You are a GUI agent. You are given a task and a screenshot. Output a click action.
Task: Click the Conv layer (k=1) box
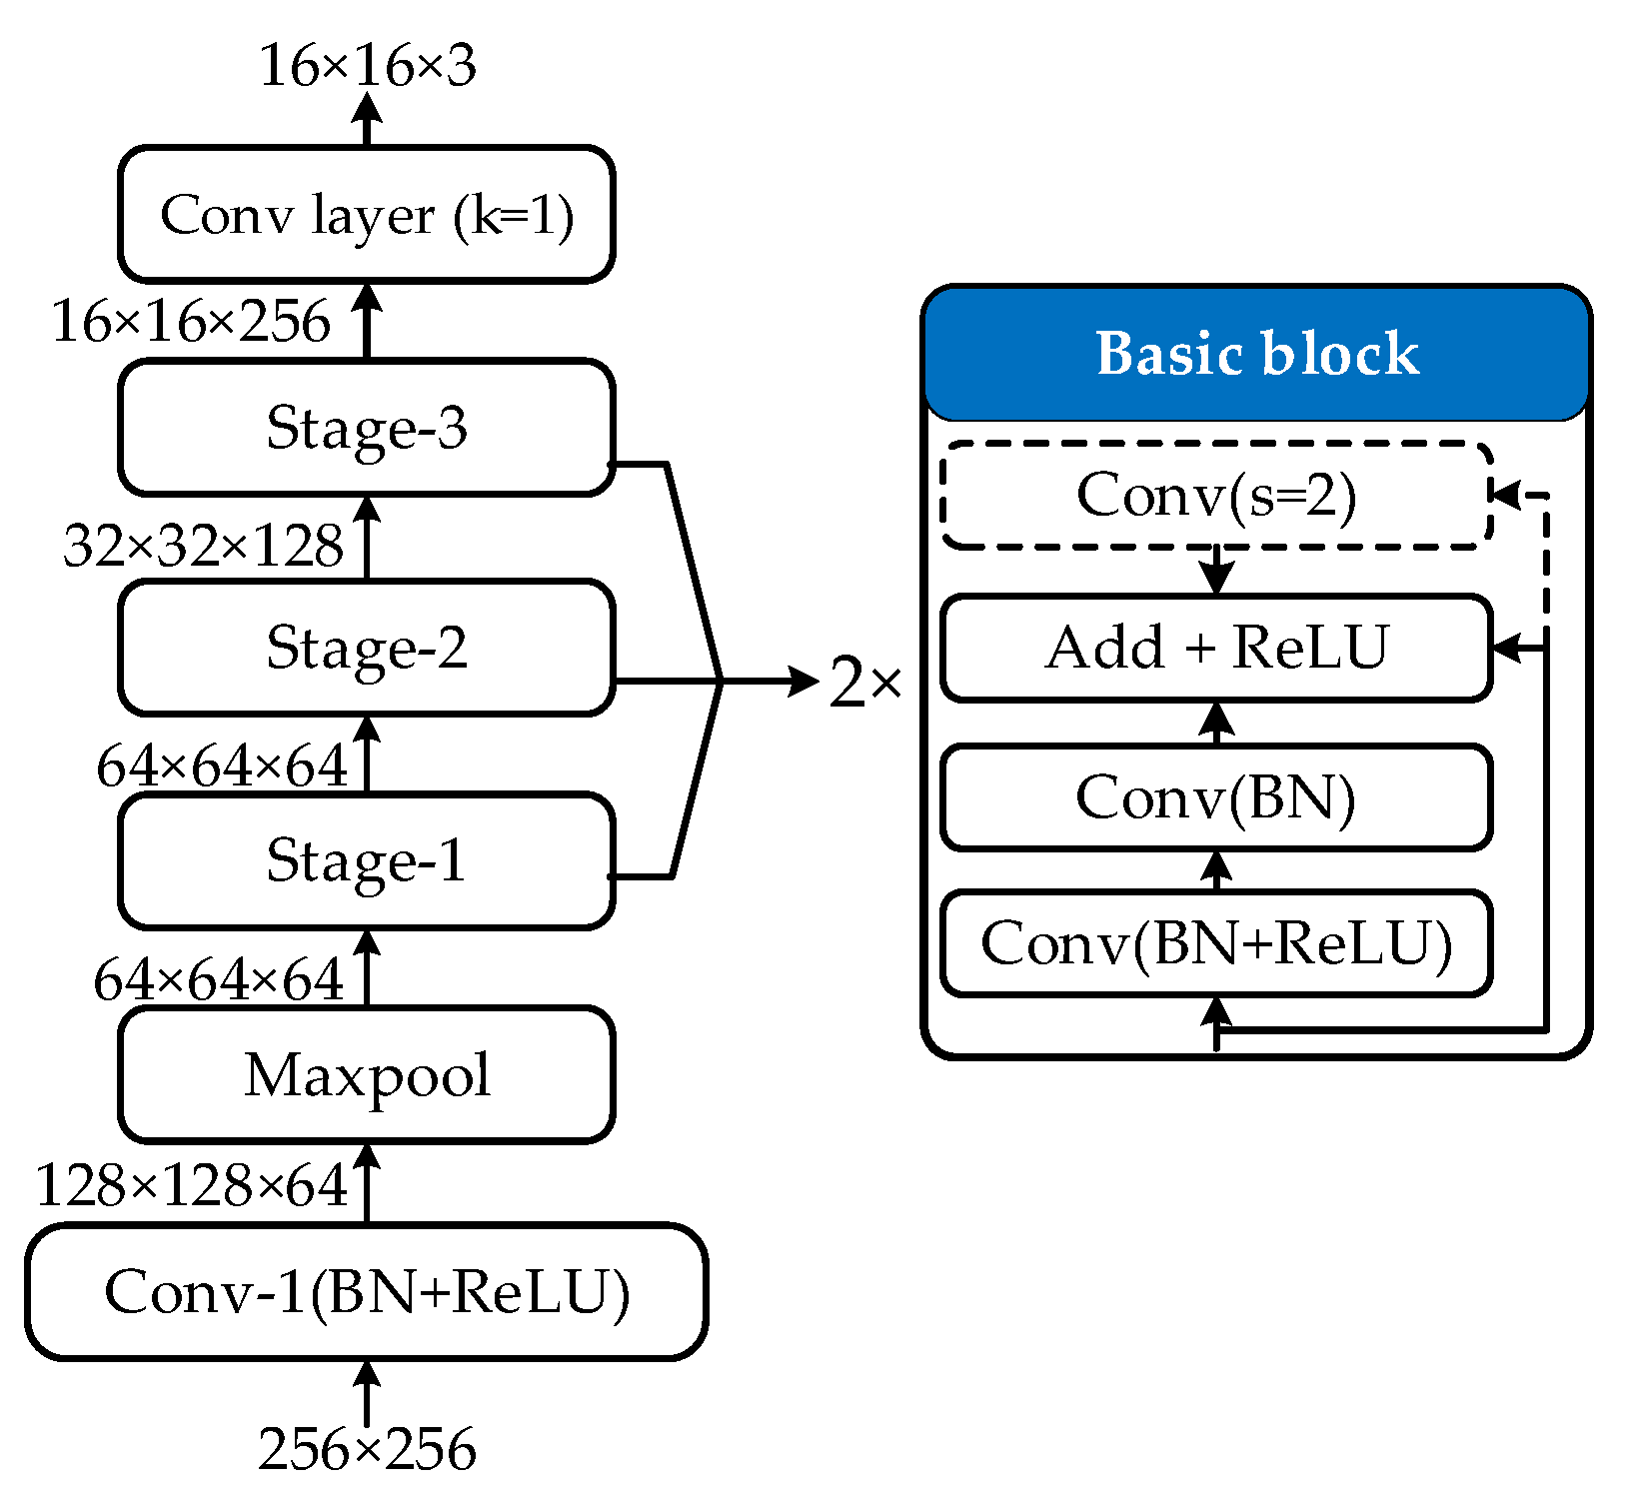[366, 215]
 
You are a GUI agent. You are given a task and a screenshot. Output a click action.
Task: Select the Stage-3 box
[366, 428]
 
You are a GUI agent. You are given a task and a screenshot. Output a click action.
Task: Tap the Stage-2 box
[366, 648]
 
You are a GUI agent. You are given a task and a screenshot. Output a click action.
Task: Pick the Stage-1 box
[366, 860]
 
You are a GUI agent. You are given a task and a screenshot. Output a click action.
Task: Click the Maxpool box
[366, 1075]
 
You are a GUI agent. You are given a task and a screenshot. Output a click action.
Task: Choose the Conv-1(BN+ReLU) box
[366, 1291]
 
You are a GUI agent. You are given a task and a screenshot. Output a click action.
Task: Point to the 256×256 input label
[366, 1449]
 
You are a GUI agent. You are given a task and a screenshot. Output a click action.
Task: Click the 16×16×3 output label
[366, 66]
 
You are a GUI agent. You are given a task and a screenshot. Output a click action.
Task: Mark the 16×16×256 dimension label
[191, 322]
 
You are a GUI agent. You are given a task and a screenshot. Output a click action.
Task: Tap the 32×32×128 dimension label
[203, 547]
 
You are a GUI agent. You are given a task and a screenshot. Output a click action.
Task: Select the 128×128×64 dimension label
[191, 1186]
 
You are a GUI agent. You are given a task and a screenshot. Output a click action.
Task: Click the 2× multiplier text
[865, 684]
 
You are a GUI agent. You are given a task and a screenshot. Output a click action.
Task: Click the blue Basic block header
[1256, 354]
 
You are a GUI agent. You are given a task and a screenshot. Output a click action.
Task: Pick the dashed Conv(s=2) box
[1216, 496]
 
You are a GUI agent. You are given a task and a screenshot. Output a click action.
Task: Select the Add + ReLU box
[1216, 648]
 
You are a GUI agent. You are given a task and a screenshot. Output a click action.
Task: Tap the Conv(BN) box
[1216, 797]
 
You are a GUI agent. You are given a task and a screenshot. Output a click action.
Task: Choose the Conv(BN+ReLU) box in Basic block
[1216, 943]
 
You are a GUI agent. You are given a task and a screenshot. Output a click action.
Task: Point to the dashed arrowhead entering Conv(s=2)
[1504, 495]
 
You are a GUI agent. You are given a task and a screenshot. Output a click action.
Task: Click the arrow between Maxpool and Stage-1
[367, 966]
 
